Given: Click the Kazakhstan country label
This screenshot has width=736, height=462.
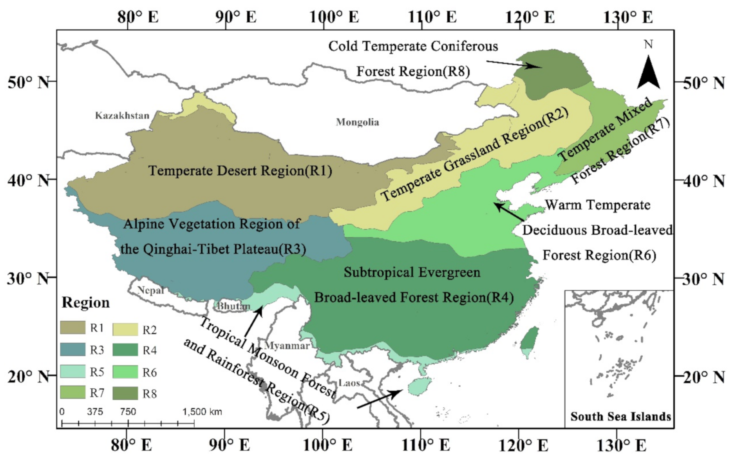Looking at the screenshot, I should point(122,116).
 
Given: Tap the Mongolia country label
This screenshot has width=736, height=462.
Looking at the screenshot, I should point(357,122).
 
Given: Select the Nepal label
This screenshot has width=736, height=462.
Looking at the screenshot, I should point(151,290).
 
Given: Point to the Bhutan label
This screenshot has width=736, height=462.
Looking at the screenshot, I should point(233,306).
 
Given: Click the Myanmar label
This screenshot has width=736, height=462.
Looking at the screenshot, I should point(287,346).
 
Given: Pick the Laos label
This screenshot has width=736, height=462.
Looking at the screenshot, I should point(349,383).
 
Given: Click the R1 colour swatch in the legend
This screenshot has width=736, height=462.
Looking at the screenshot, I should point(73,328).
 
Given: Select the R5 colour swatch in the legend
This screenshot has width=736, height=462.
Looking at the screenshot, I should point(73,371).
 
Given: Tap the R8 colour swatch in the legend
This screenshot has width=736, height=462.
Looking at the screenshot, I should point(125,393).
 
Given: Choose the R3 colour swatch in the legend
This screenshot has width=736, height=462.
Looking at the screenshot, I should point(73,350).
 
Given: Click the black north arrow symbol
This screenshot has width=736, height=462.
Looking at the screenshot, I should point(648,72).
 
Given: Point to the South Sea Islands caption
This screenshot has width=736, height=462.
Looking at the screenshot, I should point(620,416).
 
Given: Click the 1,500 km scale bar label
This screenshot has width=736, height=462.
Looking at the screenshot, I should point(202,412).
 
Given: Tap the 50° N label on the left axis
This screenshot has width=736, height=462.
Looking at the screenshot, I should point(28,82).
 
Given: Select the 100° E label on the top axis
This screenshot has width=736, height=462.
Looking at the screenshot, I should point(334,17).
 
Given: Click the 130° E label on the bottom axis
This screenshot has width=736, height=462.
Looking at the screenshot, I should point(622,446).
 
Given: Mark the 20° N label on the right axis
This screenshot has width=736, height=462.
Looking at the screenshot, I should point(704,377).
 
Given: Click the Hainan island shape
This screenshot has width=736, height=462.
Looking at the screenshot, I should point(420,386).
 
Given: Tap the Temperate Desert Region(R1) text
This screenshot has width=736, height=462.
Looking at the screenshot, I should point(240,171).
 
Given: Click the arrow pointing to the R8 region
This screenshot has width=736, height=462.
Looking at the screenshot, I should point(514,64).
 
